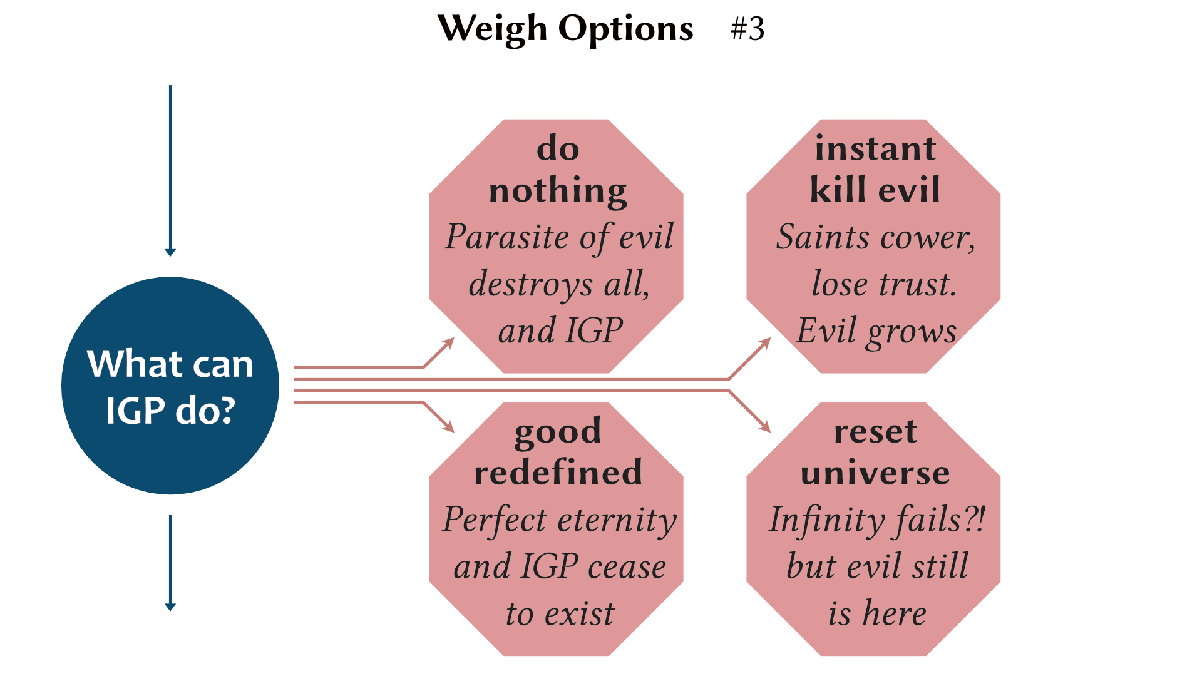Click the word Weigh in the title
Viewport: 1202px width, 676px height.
point(492,29)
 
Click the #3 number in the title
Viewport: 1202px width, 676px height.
point(747,29)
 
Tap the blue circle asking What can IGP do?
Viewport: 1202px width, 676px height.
point(170,386)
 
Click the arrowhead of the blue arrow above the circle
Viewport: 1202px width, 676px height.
point(170,252)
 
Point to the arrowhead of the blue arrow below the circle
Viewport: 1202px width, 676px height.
point(170,607)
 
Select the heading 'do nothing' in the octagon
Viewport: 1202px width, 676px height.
point(557,169)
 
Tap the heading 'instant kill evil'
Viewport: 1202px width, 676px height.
point(875,169)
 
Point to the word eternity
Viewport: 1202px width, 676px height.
point(617,520)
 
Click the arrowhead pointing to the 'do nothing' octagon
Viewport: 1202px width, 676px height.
point(449,342)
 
